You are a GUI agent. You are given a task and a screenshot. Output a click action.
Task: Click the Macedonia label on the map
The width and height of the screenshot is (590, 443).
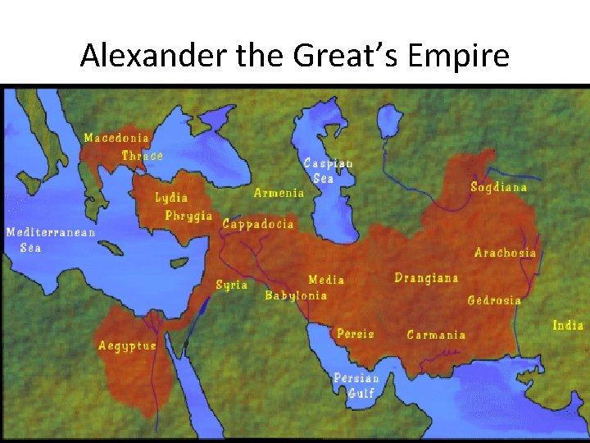click(x=117, y=138)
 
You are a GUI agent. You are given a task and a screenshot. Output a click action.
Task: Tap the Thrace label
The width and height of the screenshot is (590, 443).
click(x=142, y=156)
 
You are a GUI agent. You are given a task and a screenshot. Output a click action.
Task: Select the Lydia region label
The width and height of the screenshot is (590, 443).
click(x=171, y=198)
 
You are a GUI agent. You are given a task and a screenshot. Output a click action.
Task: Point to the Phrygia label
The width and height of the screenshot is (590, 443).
click(x=188, y=217)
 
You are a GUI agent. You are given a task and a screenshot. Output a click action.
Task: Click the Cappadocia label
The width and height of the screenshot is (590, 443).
click(x=257, y=224)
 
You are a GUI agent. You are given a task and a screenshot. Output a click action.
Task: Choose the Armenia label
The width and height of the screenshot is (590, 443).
click(x=279, y=194)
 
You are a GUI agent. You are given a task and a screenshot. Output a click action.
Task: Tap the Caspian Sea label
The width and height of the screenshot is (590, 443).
click(x=328, y=170)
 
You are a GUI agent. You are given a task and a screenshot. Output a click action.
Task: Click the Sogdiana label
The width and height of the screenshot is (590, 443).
click(x=498, y=188)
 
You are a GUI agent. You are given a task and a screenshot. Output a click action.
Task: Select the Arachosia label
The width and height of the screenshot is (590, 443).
click(x=505, y=253)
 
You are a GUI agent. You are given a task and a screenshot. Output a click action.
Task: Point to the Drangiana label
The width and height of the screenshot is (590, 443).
click(x=426, y=278)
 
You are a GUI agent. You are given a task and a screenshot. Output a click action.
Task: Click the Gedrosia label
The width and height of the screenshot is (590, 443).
click(x=494, y=300)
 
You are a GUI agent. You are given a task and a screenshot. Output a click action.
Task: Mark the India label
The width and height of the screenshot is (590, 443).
click(x=568, y=326)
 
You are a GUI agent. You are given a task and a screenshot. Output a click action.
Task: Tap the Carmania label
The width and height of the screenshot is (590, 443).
click(x=436, y=335)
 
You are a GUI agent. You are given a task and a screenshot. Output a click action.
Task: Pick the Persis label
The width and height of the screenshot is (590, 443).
click(x=355, y=334)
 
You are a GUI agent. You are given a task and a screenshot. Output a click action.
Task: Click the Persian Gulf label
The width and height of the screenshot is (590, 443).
click(x=356, y=386)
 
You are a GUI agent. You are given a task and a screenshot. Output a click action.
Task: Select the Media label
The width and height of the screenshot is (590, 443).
click(x=326, y=281)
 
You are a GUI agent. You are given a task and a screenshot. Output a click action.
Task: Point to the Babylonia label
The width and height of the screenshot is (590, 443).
click(x=296, y=295)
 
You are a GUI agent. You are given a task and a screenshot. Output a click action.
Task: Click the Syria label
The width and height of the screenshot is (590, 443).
click(x=231, y=285)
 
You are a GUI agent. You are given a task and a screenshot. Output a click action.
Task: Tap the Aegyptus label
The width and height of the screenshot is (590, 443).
click(x=127, y=346)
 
